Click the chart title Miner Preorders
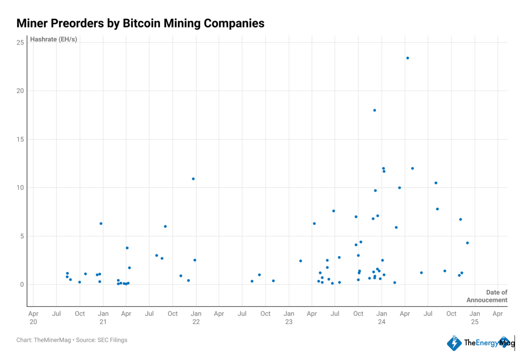140,23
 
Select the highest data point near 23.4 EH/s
407,58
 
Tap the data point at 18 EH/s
374,110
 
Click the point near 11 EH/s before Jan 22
193,179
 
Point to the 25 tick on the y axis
20,42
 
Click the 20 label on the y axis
20,91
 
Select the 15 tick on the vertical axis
20,139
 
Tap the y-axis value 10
20,188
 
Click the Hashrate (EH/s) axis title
53,39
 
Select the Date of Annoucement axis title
487,296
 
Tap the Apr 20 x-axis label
33,317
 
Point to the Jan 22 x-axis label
196,317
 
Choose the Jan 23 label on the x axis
289,317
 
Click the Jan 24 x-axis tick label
381,317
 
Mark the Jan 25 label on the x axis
474,317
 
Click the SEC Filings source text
112,340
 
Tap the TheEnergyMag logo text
482,342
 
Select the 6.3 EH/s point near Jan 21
101,224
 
